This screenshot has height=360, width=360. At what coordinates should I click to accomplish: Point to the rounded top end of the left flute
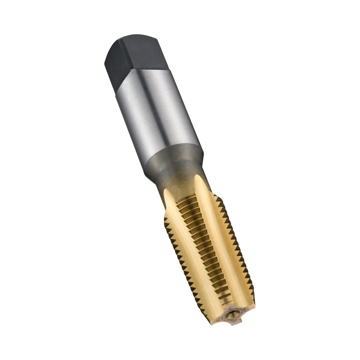coord(166,192)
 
